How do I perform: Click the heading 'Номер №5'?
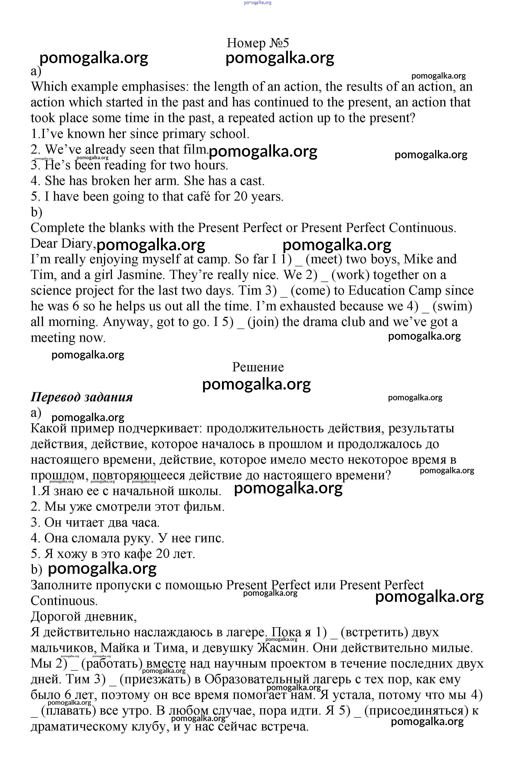tap(258, 43)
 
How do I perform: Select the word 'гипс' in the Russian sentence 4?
tap(210, 538)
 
